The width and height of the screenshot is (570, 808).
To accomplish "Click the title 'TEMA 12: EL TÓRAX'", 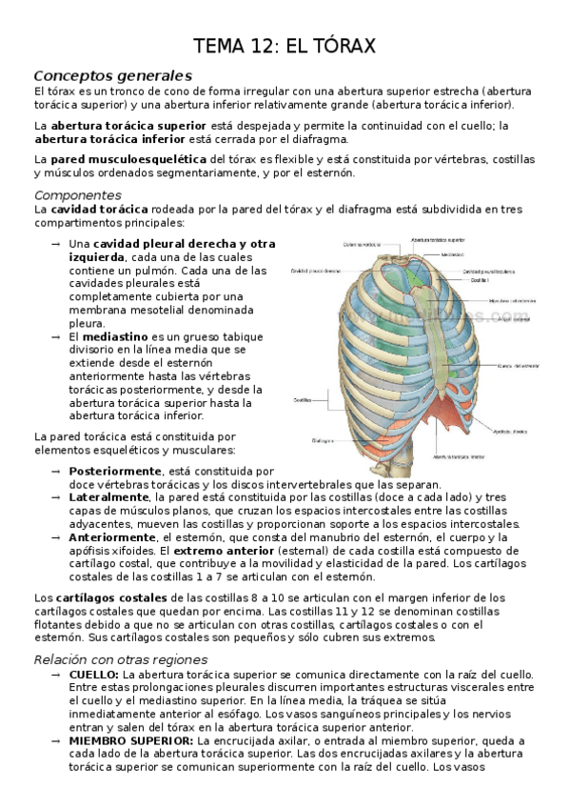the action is click(x=285, y=45).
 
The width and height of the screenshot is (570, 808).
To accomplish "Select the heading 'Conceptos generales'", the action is click(x=112, y=75).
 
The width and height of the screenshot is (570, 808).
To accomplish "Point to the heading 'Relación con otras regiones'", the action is click(x=120, y=659).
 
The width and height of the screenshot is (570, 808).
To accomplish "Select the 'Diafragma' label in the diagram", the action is click(x=321, y=440).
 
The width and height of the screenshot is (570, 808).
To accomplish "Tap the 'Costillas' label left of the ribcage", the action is click(x=304, y=398).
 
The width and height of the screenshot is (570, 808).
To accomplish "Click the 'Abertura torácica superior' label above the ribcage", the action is click(x=437, y=240).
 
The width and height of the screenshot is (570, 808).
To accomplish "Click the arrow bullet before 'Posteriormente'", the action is click(x=56, y=471).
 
